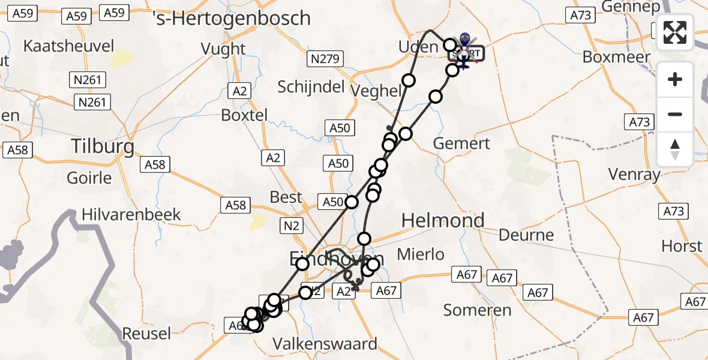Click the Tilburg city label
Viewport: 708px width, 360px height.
(102, 146)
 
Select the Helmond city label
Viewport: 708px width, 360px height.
(443, 220)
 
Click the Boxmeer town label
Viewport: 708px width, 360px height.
(617, 57)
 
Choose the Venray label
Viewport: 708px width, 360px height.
(634, 175)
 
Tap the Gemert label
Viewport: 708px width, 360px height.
(461, 143)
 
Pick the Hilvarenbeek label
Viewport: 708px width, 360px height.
(131, 214)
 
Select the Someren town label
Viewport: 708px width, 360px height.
(477, 310)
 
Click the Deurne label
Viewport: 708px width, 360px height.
(526, 235)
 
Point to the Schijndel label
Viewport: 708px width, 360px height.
(311, 86)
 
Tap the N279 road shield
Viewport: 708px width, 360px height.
(325, 59)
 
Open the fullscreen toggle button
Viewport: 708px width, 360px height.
(675, 32)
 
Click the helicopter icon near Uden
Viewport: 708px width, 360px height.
(464, 50)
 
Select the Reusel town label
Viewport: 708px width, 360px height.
(146, 333)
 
